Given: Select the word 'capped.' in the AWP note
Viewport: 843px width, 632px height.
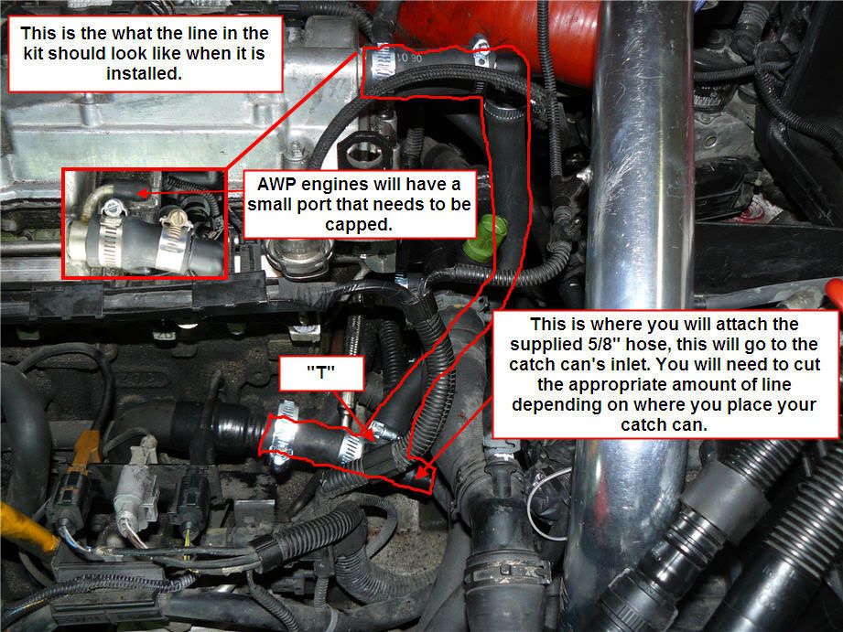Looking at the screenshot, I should tap(361, 222).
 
